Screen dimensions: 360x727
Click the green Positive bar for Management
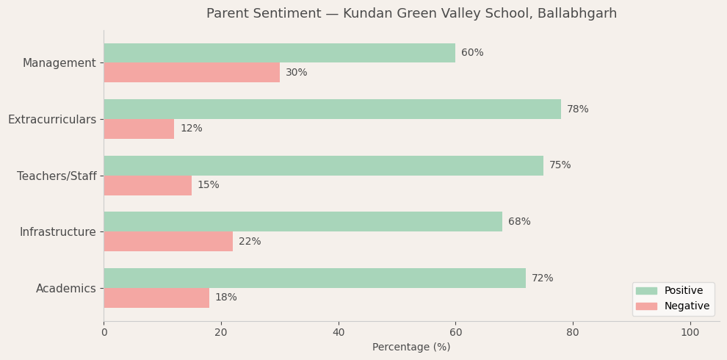(279, 53)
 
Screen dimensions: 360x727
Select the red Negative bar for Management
(192, 73)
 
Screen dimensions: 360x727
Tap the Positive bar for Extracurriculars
(332, 109)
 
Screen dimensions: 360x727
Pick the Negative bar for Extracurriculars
(139, 129)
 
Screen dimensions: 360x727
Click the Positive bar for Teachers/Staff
(323, 165)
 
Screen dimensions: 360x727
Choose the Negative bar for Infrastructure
(168, 242)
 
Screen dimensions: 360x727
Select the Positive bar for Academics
(314, 278)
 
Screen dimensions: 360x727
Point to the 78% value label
(577, 109)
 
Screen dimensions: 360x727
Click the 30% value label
(296, 73)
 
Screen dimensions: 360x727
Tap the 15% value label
(208, 185)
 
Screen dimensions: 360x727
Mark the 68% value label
(518, 222)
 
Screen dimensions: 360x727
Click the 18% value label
(225, 298)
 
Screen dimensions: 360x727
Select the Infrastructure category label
(58, 232)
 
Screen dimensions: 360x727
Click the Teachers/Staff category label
(57, 176)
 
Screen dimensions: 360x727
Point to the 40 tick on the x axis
(339, 333)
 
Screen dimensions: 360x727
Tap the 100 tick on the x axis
(690, 333)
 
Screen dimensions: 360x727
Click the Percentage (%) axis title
(411, 348)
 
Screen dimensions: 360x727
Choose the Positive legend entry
(683, 291)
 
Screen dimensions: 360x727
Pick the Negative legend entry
(686, 306)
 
